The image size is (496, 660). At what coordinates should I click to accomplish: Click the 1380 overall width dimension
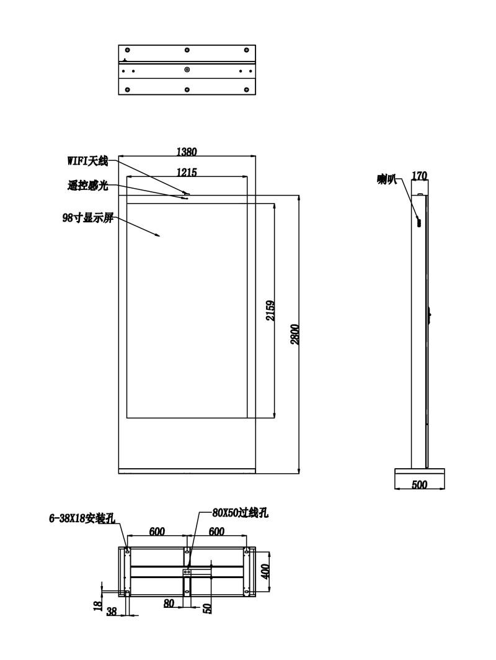coord(187,151)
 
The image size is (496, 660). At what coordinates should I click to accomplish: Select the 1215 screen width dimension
coord(187,172)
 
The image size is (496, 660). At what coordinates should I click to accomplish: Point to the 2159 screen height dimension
coord(271,310)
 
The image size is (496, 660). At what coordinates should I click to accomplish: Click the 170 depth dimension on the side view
coord(419,175)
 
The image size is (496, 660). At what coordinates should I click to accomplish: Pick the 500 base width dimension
coord(419,484)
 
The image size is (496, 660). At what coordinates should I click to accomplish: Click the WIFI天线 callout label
coord(87,161)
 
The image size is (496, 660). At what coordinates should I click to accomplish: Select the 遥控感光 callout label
coord(87,185)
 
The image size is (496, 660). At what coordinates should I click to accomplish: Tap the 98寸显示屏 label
coord(87,218)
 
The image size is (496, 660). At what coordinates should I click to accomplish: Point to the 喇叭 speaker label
coord(387,179)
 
